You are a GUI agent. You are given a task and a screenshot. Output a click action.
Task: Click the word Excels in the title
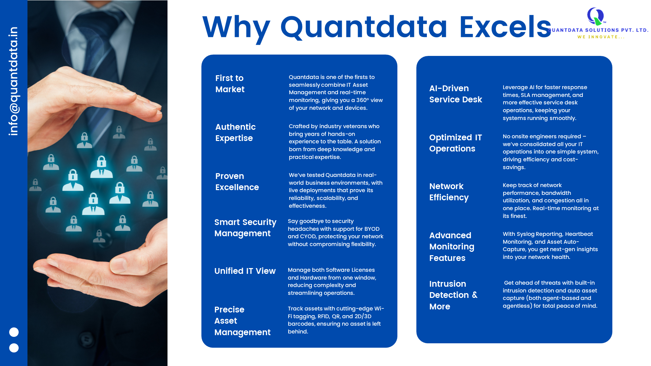(x=505, y=27)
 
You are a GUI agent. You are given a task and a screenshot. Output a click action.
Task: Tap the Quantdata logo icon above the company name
(x=596, y=16)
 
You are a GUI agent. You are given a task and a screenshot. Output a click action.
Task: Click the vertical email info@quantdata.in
(x=14, y=81)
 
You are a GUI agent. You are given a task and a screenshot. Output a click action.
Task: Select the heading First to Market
(x=230, y=84)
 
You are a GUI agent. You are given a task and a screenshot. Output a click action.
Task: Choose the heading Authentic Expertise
(x=235, y=133)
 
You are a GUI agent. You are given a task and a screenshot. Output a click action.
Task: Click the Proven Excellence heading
(x=237, y=182)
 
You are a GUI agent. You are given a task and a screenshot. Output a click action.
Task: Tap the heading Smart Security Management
(x=245, y=228)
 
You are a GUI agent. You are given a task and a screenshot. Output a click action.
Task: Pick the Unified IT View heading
(x=245, y=271)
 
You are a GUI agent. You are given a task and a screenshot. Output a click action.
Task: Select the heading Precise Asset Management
(x=242, y=321)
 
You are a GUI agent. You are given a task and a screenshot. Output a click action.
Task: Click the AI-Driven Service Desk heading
(x=455, y=94)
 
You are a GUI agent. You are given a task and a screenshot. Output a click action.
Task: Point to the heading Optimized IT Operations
(x=455, y=143)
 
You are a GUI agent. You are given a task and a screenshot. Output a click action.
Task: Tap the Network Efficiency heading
(x=449, y=192)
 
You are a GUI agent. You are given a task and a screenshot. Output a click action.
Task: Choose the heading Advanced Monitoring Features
(x=452, y=247)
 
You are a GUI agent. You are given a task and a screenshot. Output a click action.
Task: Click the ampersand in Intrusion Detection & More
(x=475, y=295)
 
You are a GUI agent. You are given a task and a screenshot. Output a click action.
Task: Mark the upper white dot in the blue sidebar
(x=14, y=332)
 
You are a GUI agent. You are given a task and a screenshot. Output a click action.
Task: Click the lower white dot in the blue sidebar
(x=14, y=348)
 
